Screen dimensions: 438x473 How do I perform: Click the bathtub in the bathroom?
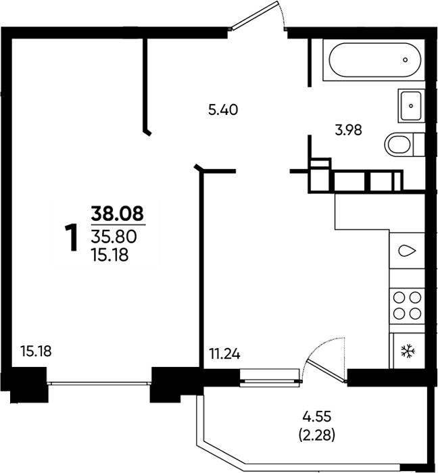coord(374,59)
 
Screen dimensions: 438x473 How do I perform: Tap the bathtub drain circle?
coord(405,59)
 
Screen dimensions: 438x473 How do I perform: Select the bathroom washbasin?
coord(411,105)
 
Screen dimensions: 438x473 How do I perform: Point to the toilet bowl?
coord(404,145)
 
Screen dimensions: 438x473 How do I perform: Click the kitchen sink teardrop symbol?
coord(407,251)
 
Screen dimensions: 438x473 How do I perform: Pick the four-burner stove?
coord(407,306)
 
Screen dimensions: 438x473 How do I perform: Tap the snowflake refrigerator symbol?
coord(408,351)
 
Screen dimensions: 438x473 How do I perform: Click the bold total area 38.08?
coord(118,214)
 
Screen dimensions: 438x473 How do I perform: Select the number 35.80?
coord(114,236)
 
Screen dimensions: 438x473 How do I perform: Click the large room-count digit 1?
coord(72,237)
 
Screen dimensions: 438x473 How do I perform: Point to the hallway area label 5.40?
coord(223,109)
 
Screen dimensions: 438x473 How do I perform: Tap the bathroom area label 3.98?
coord(348,130)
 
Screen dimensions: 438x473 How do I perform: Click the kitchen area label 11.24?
coord(225,353)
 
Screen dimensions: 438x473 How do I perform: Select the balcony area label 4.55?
coord(317,417)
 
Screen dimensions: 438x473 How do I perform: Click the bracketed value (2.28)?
coord(317,435)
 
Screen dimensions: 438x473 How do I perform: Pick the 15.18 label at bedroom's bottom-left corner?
coord(36,351)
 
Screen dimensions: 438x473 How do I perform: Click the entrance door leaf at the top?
coord(255,16)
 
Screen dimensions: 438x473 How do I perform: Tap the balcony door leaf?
coord(326,371)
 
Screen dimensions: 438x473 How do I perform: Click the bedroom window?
coord(99,383)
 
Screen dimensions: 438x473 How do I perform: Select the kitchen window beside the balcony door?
coord(270,377)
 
